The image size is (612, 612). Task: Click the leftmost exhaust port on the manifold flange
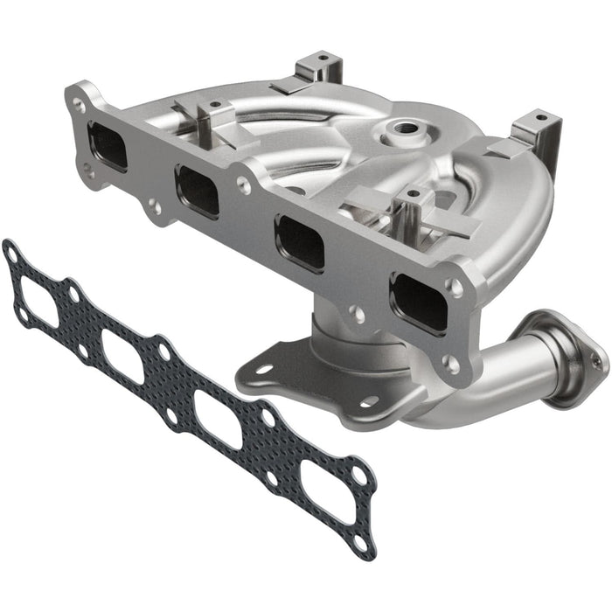(107, 145)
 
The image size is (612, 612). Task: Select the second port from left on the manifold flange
(197, 190)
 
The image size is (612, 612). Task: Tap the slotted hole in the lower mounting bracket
(263, 369)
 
